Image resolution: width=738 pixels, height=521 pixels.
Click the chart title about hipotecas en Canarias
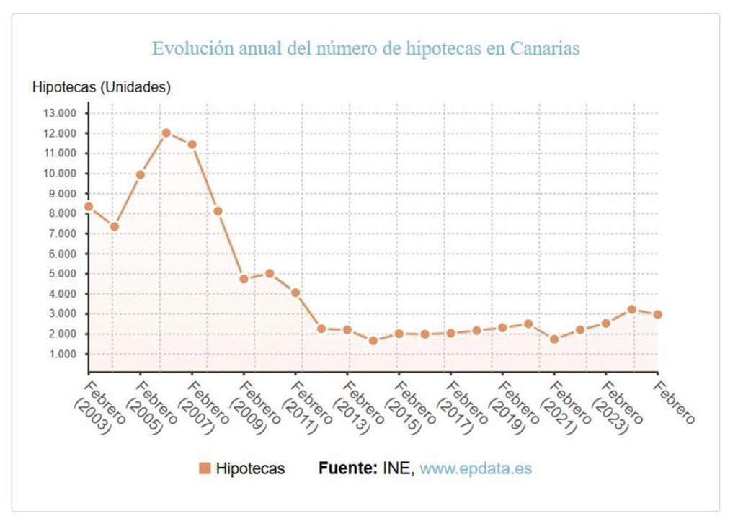pyautogui.click(x=366, y=49)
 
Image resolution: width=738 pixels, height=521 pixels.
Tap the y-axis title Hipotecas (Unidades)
pyautogui.click(x=102, y=87)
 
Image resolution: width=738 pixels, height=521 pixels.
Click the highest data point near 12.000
pyautogui.click(x=166, y=133)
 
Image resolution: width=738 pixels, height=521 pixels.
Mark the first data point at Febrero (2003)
pyautogui.click(x=89, y=207)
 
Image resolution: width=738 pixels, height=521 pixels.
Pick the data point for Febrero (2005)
pyautogui.click(x=140, y=174)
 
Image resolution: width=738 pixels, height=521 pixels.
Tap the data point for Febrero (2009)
pyautogui.click(x=244, y=279)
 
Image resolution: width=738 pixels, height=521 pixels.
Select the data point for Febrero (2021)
pyautogui.click(x=554, y=339)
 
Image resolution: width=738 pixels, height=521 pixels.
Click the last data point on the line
pyautogui.click(x=657, y=314)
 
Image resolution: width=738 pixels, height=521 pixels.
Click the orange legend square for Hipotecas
pyautogui.click(x=204, y=468)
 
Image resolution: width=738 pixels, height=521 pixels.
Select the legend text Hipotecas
pyautogui.click(x=250, y=468)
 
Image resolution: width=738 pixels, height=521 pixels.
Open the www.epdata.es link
pyautogui.click(x=476, y=468)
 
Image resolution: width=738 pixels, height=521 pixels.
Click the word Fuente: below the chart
pyautogui.click(x=348, y=468)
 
